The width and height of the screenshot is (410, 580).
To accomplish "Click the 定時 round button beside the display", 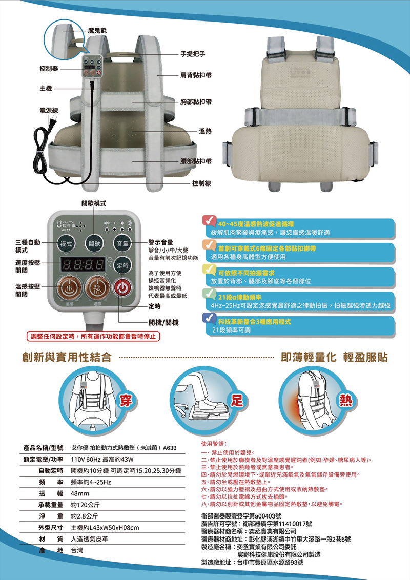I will [x=122, y=265].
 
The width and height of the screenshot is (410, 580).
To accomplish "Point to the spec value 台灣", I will [x=77, y=550].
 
